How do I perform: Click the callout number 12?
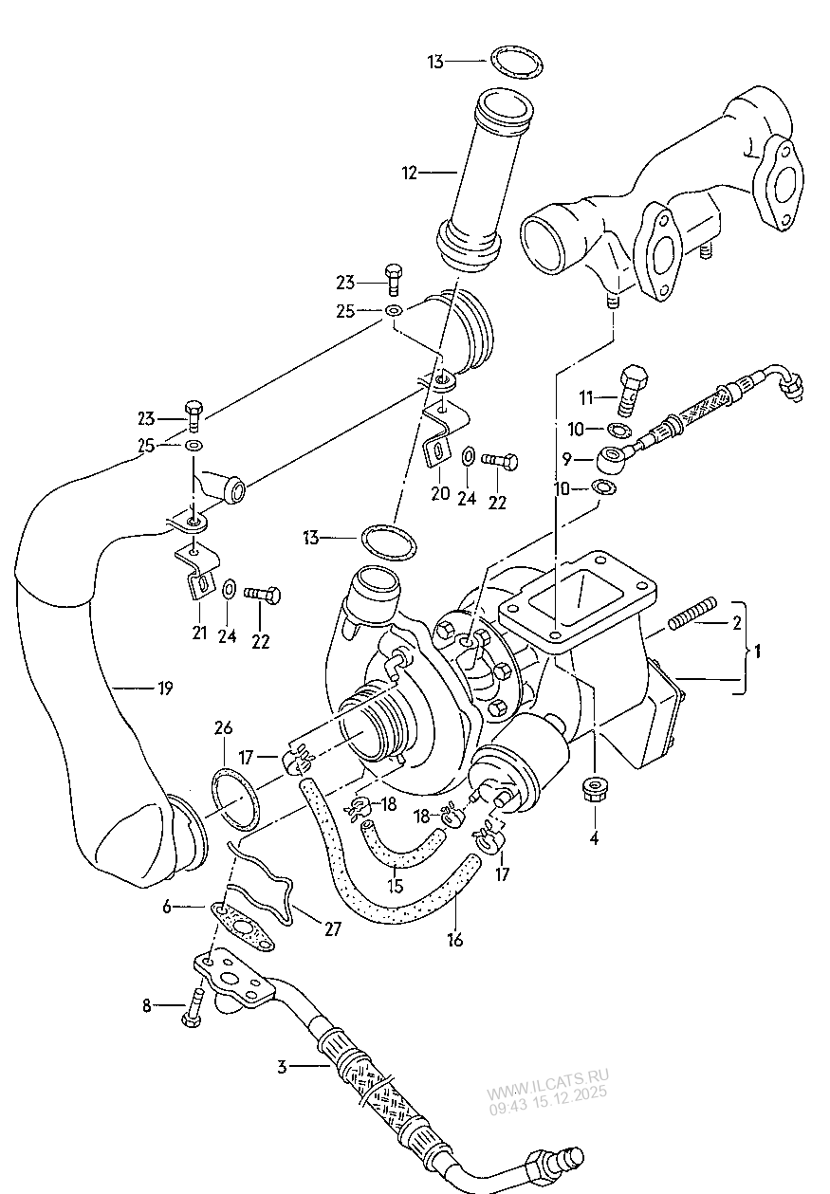[410, 173]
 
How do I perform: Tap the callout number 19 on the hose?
[164, 689]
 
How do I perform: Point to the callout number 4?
[594, 837]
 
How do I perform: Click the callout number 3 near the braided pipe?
[282, 1067]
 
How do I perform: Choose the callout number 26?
[223, 728]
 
